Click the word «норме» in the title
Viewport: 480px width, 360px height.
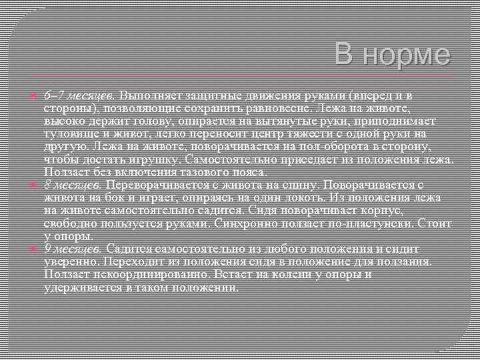411,54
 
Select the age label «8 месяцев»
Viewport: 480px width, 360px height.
73,184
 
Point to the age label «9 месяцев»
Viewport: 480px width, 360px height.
73,248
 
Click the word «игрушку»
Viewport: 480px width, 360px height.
157,161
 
